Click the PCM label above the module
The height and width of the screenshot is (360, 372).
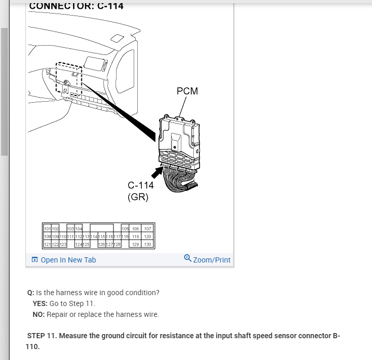[x=187, y=91]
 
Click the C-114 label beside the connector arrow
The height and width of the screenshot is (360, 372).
[x=140, y=185]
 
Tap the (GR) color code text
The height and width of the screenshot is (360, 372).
[x=138, y=197]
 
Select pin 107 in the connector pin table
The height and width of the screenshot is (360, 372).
[x=147, y=229]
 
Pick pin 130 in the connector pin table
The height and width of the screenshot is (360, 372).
[x=147, y=244]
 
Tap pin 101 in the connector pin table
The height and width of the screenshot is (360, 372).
[x=47, y=229]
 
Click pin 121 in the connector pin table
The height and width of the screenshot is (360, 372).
[x=47, y=244]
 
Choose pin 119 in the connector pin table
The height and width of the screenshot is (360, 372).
[x=136, y=236]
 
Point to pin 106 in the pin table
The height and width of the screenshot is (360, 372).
[x=136, y=229]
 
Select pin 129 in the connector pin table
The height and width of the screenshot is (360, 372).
[x=136, y=244]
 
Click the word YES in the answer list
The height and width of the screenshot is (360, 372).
[x=39, y=303]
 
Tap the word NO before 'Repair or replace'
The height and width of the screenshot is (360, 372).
[x=38, y=314]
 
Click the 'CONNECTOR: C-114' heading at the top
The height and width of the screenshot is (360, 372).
[x=76, y=6]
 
